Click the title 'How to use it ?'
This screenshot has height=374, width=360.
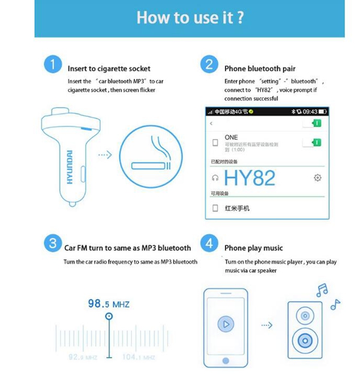click(x=190, y=17)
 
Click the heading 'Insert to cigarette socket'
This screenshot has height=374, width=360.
click(x=109, y=68)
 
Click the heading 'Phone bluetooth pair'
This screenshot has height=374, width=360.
click(x=260, y=68)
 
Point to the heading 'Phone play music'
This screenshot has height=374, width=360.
click(x=253, y=248)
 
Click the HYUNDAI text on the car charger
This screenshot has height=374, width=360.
click(x=70, y=166)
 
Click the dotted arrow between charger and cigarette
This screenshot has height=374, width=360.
click(x=105, y=155)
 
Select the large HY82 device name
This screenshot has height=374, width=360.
click(x=250, y=177)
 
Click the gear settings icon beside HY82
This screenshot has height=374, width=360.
click(x=317, y=177)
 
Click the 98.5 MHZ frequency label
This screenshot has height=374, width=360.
click(x=109, y=304)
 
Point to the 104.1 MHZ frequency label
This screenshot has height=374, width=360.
click(x=138, y=357)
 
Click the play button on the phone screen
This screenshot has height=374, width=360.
click(x=225, y=324)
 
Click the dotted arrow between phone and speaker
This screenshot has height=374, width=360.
click(x=266, y=325)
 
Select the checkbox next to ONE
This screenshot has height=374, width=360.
click(x=215, y=143)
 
